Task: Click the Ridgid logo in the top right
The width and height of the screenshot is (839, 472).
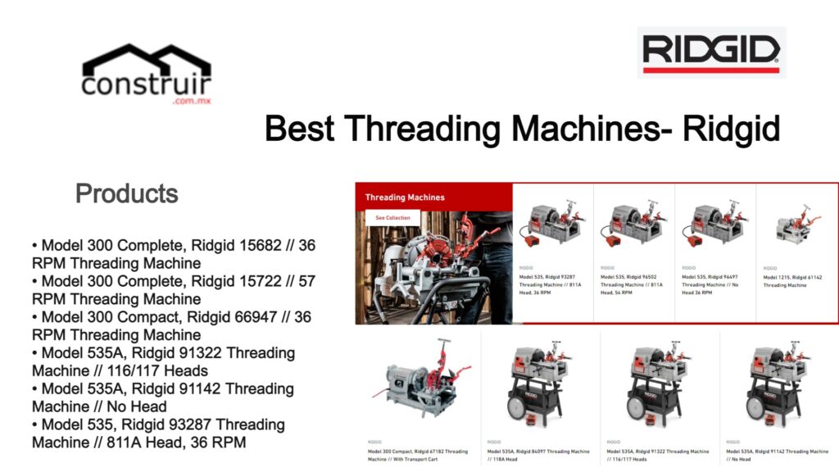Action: pyautogui.click(x=710, y=52)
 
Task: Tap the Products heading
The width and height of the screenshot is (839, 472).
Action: pyautogui.click(x=127, y=194)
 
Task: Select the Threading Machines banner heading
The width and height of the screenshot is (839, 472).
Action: pyautogui.click(x=405, y=197)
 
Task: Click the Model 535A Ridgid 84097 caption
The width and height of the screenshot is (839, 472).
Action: pyautogui.click(x=537, y=455)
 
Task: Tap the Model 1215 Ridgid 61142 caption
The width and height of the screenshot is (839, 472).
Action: pyautogui.click(x=792, y=281)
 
